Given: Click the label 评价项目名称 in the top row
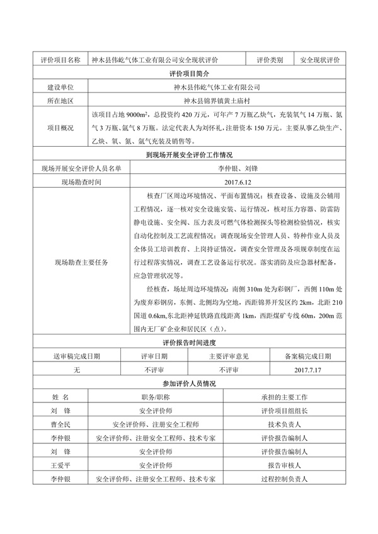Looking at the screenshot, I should coord(60,60).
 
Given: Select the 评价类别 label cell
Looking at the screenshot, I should coord(270,60).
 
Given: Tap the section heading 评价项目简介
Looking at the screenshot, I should coord(189,74).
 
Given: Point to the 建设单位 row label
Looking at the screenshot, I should coord(60,88).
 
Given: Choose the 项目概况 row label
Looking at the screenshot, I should coord(60,128).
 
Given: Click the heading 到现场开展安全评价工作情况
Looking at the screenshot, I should coord(189,155).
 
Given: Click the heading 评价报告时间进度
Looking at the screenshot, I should coord(189,343).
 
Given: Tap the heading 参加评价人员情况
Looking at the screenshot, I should coord(189,383).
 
